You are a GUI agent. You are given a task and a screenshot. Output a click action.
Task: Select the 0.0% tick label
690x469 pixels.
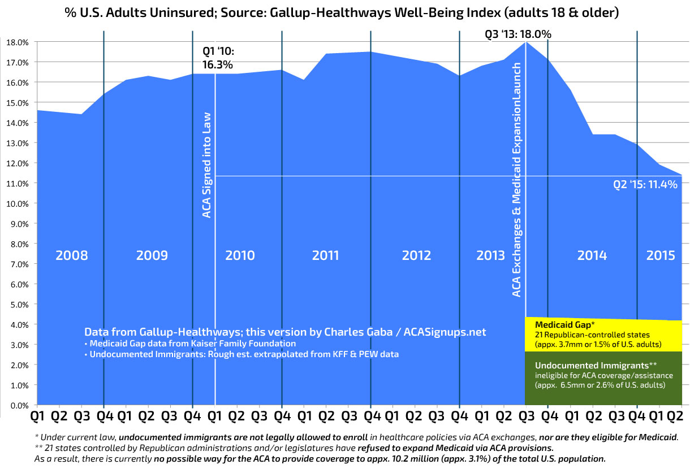coord(18,405)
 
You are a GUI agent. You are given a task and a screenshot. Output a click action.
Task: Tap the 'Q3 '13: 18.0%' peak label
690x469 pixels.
coord(518,34)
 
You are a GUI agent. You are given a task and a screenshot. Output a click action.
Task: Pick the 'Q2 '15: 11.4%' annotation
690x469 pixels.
coord(645,184)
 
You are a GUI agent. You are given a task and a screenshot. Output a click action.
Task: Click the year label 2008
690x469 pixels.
coord(71,255)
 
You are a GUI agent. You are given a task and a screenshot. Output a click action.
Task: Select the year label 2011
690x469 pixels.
coord(326,255)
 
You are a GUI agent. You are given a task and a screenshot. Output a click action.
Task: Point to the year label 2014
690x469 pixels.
coord(592,255)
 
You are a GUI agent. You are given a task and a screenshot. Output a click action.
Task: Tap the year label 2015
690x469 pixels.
coord(661,255)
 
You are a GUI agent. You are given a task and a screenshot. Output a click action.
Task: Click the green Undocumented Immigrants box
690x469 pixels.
coord(603,377)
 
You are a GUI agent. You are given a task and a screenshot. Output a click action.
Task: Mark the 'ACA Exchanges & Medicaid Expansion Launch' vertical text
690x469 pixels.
coord(516,180)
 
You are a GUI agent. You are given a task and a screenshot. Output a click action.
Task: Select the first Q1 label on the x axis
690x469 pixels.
coord(37,417)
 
